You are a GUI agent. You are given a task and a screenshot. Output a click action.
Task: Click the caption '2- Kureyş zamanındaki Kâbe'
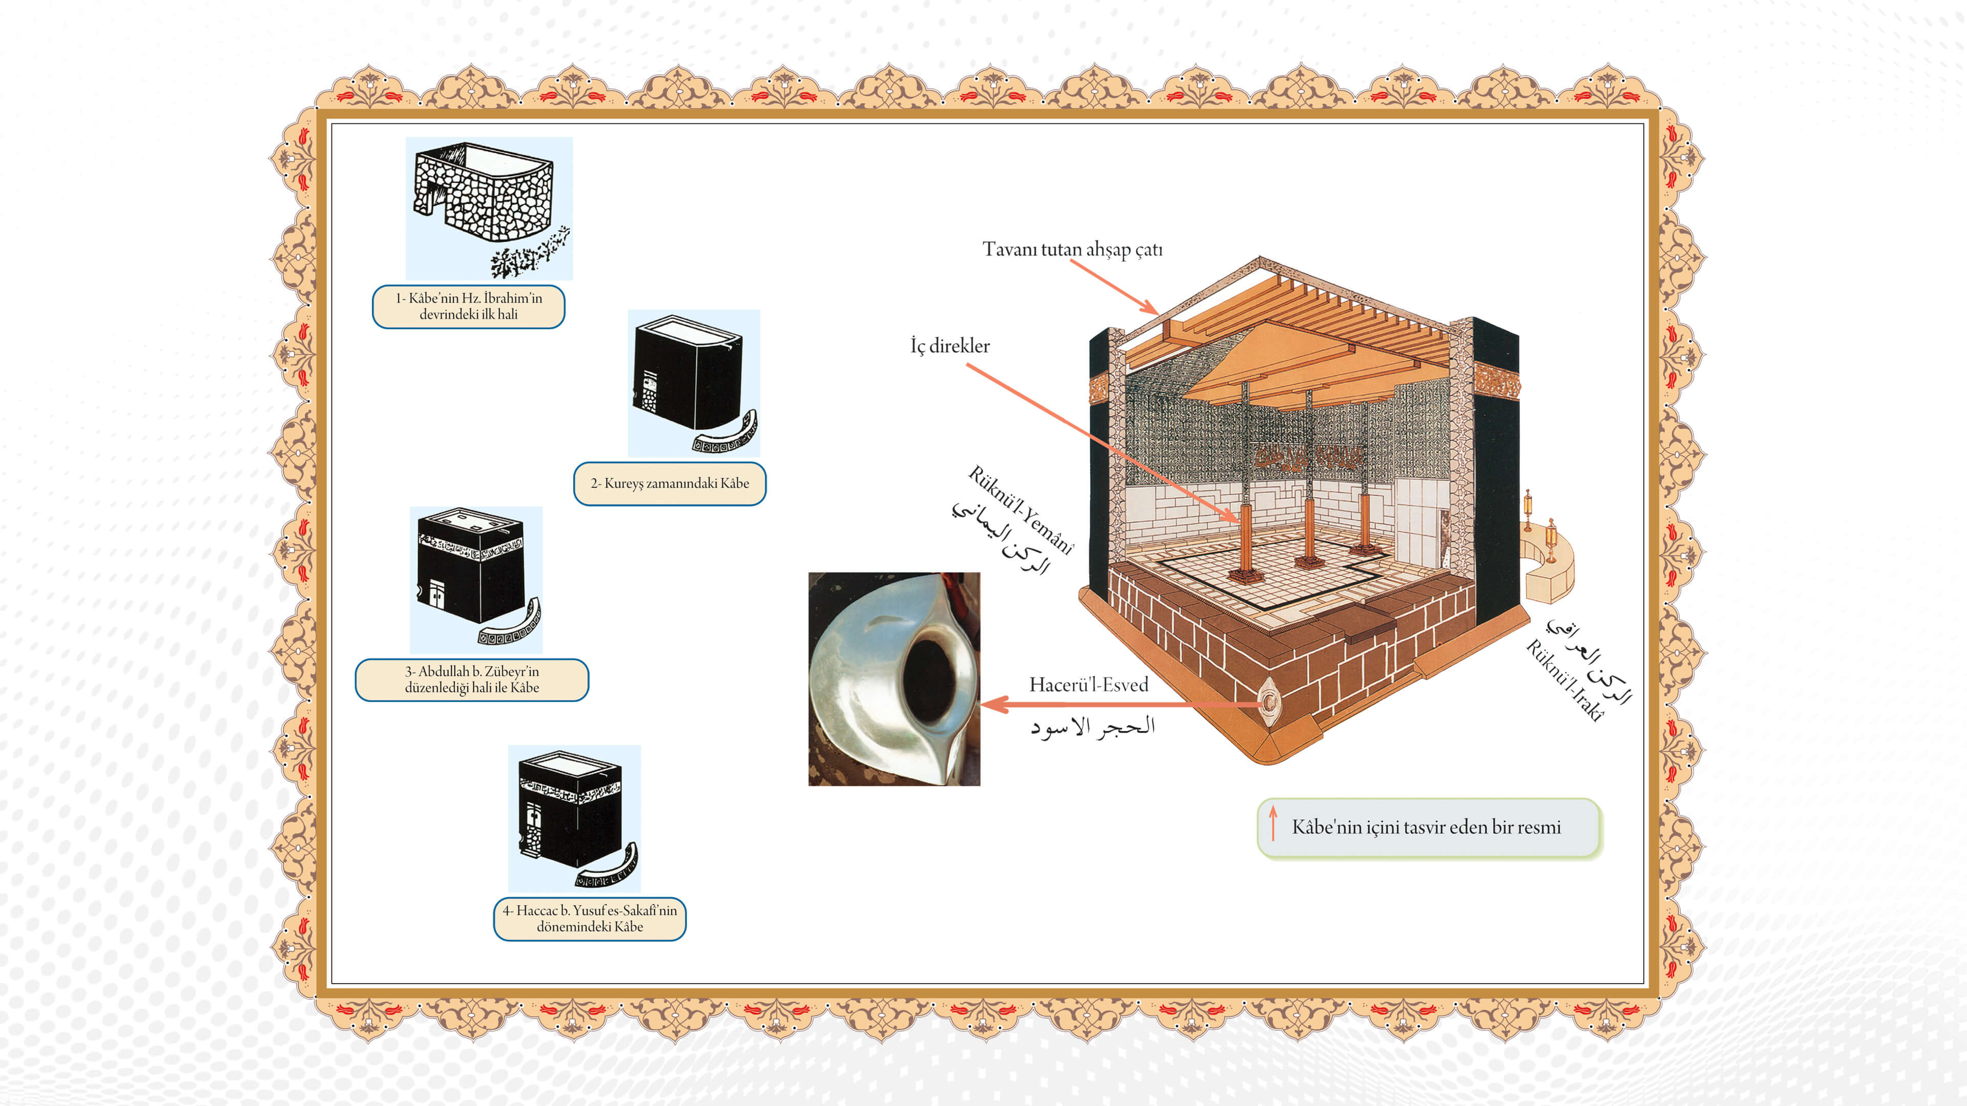(x=669, y=483)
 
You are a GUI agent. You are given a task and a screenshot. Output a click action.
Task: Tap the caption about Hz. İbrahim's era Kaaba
(x=468, y=306)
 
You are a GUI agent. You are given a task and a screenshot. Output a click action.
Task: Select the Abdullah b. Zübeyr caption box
(x=471, y=679)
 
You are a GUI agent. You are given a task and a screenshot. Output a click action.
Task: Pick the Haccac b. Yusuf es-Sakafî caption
(x=590, y=918)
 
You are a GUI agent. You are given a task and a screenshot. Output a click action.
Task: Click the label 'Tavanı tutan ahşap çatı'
(x=1072, y=249)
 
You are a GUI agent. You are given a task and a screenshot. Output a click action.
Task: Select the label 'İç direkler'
(x=949, y=346)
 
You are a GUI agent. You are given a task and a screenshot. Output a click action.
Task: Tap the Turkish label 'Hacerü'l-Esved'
(x=1088, y=685)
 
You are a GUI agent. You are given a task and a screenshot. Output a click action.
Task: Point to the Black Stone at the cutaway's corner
(x=1268, y=700)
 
